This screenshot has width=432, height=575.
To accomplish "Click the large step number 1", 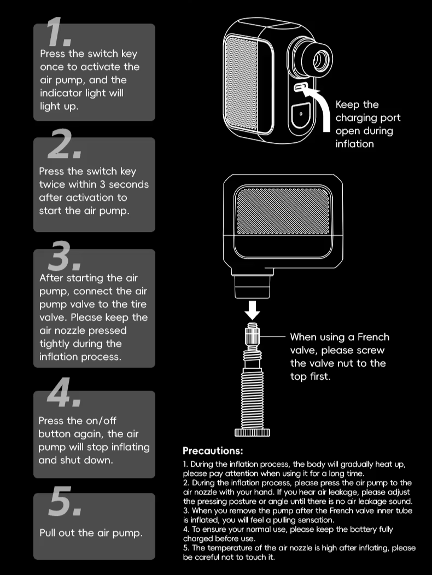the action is click(x=59, y=32).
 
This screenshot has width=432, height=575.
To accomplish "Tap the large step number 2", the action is click(x=64, y=144).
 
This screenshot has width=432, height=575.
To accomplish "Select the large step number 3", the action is click(x=64, y=255).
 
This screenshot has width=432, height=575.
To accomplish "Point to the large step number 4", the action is click(x=64, y=392).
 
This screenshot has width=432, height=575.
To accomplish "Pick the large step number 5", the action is click(x=65, y=501).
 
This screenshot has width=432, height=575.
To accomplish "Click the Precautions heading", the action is click(x=213, y=451).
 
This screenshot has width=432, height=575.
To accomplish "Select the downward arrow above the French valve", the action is click(x=252, y=309).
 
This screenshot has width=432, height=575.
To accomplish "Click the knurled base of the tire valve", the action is click(x=252, y=432).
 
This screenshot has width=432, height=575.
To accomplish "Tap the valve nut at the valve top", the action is click(x=252, y=335).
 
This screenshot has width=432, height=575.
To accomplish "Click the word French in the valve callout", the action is click(x=373, y=337).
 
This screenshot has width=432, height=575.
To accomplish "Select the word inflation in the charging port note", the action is click(x=355, y=144).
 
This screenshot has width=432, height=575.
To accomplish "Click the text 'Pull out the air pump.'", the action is click(x=91, y=533).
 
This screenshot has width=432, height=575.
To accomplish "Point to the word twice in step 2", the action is click(x=52, y=184).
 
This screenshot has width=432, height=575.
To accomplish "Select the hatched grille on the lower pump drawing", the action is click(x=283, y=212).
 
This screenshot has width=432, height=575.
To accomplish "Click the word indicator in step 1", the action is click(x=61, y=93).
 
